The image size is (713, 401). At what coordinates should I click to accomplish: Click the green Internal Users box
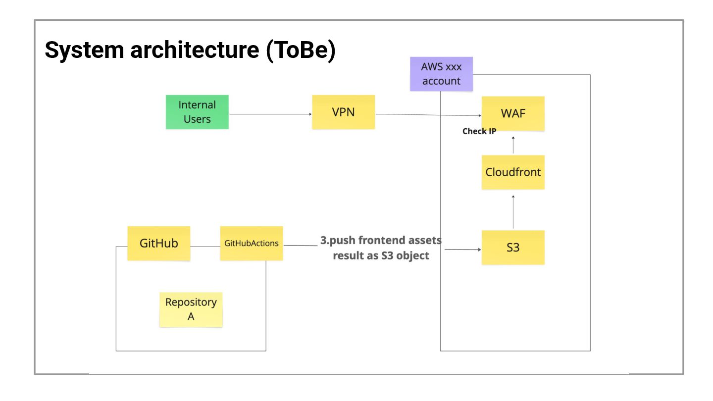click(197, 112)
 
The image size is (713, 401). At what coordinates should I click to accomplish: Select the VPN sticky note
click(344, 112)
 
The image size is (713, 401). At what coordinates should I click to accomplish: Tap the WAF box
click(513, 114)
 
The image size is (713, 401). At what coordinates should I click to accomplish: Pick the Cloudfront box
click(513, 172)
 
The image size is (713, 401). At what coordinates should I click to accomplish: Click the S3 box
click(513, 248)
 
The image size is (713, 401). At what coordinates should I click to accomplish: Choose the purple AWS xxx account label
click(442, 74)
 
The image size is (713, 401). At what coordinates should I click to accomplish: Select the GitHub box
click(159, 244)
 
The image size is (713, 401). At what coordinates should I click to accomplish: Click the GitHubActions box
click(252, 244)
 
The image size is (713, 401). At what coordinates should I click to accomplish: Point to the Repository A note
click(191, 310)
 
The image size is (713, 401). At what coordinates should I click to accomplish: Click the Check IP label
click(479, 131)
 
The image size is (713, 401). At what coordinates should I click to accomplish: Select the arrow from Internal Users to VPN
click(270, 114)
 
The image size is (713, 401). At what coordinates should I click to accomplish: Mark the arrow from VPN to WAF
click(428, 115)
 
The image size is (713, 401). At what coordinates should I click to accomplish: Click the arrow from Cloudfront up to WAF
click(513, 145)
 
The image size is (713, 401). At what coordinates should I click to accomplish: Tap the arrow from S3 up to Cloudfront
click(513, 212)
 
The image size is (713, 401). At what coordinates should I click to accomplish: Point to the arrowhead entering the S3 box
click(480, 250)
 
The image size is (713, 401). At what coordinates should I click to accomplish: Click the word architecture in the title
click(195, 50)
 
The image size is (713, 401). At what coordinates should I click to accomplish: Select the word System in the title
click(84, 50)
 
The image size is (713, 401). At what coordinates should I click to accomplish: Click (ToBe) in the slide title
click(301, 50)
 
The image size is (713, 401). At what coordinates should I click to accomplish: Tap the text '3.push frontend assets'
click(381, 240)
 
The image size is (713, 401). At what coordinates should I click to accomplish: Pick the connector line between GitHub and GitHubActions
click(205, 247)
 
